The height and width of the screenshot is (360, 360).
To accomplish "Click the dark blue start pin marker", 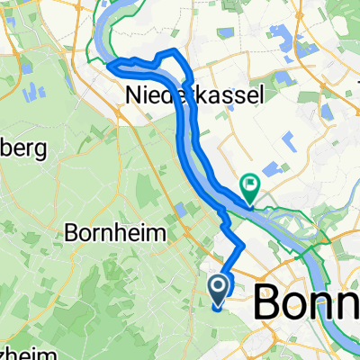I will pyautogui.click(x=219, y=289).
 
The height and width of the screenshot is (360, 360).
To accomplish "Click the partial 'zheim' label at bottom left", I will pyautogui.click(x=18, y=351).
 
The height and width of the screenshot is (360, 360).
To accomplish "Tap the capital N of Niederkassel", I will pyautogui.click(x=132, y=94).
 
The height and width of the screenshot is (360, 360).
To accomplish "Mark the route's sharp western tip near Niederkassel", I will pyautogui.click(x=110, y=64).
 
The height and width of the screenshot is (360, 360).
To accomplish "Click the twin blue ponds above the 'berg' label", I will pyautogui.click(x=36, y=91).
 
